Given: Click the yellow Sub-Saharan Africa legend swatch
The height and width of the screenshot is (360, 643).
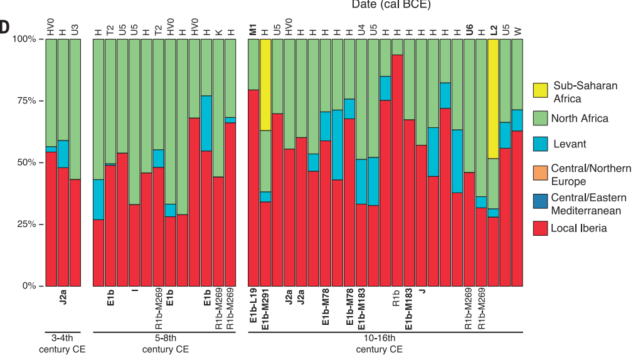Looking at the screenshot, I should pyautogui.click(x=541, y=92).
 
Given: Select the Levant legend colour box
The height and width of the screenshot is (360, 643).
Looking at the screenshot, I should pyautogui.click(x=541, y=144).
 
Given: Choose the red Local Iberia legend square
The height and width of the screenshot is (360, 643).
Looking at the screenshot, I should pyautogui.click(x=541, y=228).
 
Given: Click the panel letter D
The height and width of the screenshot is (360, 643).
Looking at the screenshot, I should pyautogui.click(x=5, y=27).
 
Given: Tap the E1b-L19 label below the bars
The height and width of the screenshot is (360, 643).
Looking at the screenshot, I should pyautogui.click(x=253, y=308).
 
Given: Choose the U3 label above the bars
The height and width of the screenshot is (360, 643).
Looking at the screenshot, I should pyautogui.click(x=75, y=29).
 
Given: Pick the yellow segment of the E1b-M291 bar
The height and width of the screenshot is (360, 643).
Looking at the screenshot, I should pyautogui.click(x=265, y=85).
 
